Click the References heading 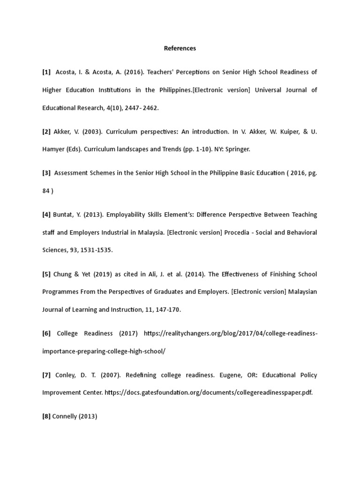click(x=180, y=48)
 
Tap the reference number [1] click(x=46, y=72)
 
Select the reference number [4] click(x=46, y=215)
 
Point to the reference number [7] click(x=46, y=375)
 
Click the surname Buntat click(x=63, y=215)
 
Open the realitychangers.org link click(x=231, y=333)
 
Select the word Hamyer click(x=54, y=149)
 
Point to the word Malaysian click(x=302, y=292)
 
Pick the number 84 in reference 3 click(x=46, y=191)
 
